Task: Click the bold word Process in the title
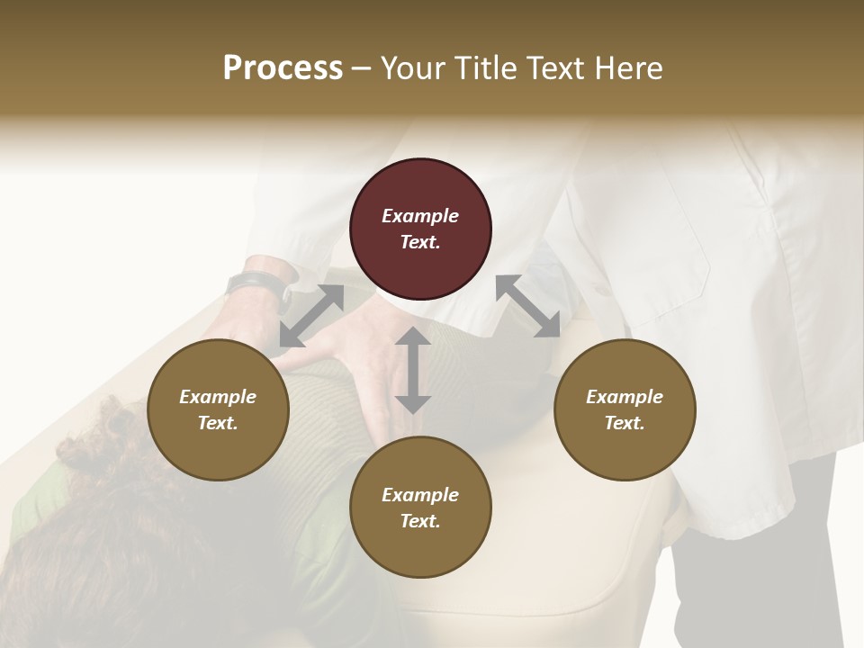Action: (x=283, y=68)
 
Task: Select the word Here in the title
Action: (x=627, y=68)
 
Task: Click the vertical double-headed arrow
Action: (x=413, y=371)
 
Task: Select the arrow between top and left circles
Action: (x=311, y=315)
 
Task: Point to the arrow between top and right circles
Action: (x=527, y=306)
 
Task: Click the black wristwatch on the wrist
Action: (x=257, y=287)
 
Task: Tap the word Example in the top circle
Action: (x=420, y=216)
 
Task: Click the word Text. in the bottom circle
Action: (x=420, y=521)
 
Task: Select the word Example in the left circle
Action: (x=218, y=397)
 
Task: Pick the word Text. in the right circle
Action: (x=625, y=423)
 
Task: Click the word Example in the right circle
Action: (x=625, y=397)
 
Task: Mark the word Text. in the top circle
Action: (x=420, y=242)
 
